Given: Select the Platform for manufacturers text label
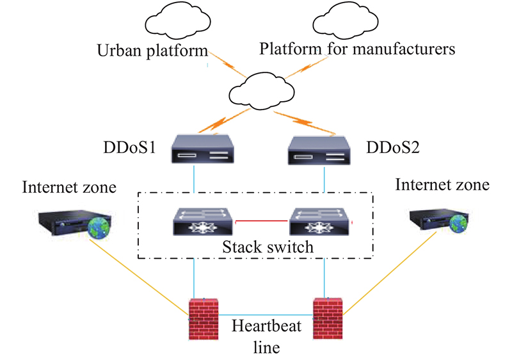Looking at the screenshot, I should pyautogui.click(x=357, y=48).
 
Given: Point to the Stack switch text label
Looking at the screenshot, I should pyautogui.click(x=259, y=246).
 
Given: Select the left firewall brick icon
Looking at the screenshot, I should pyautogui.click(x=204, y=319).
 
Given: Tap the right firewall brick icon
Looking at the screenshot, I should pyautogui.click(x=327, y=318).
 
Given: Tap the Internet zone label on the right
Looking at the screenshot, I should pyautogui.click(x=442, y=185).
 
